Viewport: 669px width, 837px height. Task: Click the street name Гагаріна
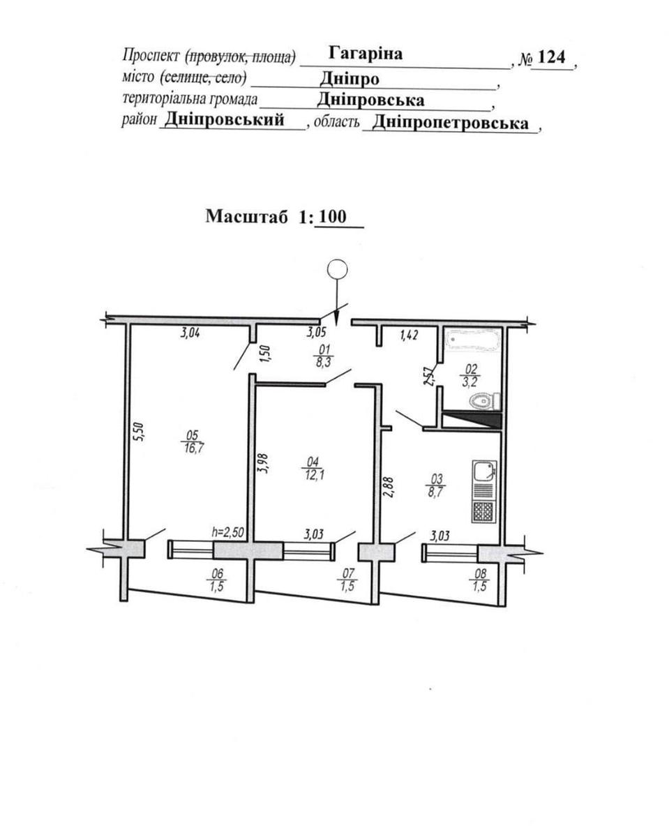click(365, 54)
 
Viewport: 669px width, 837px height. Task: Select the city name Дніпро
click(350, 78)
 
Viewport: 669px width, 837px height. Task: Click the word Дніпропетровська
click(451, 123)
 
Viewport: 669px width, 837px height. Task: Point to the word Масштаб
click(247, 216)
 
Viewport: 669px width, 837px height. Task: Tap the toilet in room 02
click(484, 401)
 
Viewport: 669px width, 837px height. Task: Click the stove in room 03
click(483, 513)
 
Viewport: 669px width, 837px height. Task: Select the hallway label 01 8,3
click(323, 356)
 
